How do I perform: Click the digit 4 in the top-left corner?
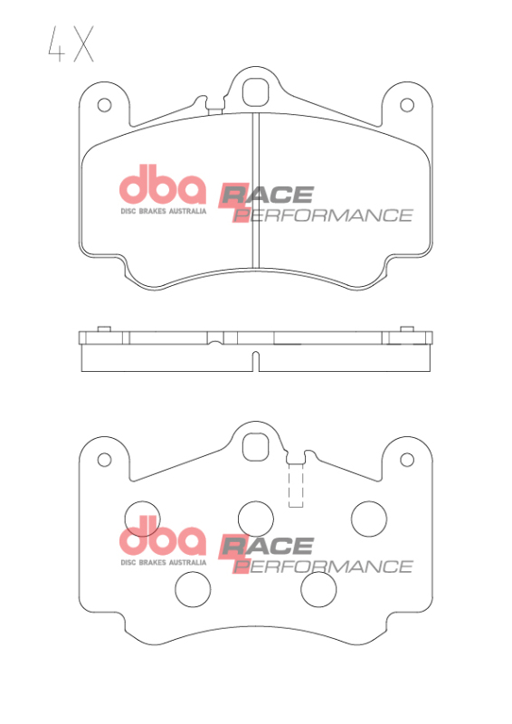[56, 45]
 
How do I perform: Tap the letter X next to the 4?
[83, 45]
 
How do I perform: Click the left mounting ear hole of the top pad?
[104, 105]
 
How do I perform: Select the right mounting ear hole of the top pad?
[411, 105]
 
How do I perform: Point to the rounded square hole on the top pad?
[258, 92]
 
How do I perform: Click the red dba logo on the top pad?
[164, 187]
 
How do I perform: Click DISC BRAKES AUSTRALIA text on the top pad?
[164, 210]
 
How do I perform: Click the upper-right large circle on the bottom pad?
[369, 519]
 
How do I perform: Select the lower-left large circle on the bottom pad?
[192, 590]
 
